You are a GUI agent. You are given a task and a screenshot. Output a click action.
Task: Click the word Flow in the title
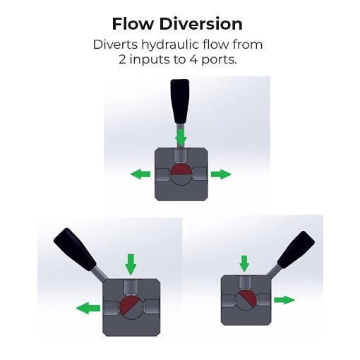(x=133, y=24)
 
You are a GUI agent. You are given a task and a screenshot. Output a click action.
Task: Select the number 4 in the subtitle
(x=193, y=59)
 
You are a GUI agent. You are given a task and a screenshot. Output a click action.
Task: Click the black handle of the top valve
(x=180, y=102)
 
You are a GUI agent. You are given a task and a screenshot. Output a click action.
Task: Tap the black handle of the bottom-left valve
(x=75, y=249)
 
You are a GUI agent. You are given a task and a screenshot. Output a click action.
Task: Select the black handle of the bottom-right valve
(x=296, y=250)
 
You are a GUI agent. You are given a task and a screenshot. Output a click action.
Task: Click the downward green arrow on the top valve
(x=181, y=138)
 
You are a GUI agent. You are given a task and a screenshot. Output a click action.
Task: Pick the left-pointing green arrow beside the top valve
(x=140, y=174)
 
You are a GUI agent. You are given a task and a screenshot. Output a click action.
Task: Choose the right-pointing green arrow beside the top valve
(x=221, y=174)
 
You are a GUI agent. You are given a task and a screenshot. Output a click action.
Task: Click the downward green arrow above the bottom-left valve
(x=131, y=265)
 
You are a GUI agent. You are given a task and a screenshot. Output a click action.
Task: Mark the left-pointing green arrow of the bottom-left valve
(x=88, y=308)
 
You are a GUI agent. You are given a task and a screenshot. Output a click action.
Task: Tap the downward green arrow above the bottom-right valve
(x=244, y=264)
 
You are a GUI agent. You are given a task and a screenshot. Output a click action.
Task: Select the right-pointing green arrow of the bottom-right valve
(x=284, y=300)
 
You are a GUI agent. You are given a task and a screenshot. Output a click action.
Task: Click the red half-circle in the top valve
(x=181, y=170)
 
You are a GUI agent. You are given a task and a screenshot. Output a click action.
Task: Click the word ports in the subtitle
(x=219, y=60)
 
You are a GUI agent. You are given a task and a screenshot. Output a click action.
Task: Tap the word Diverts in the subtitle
(x=115, y=44)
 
